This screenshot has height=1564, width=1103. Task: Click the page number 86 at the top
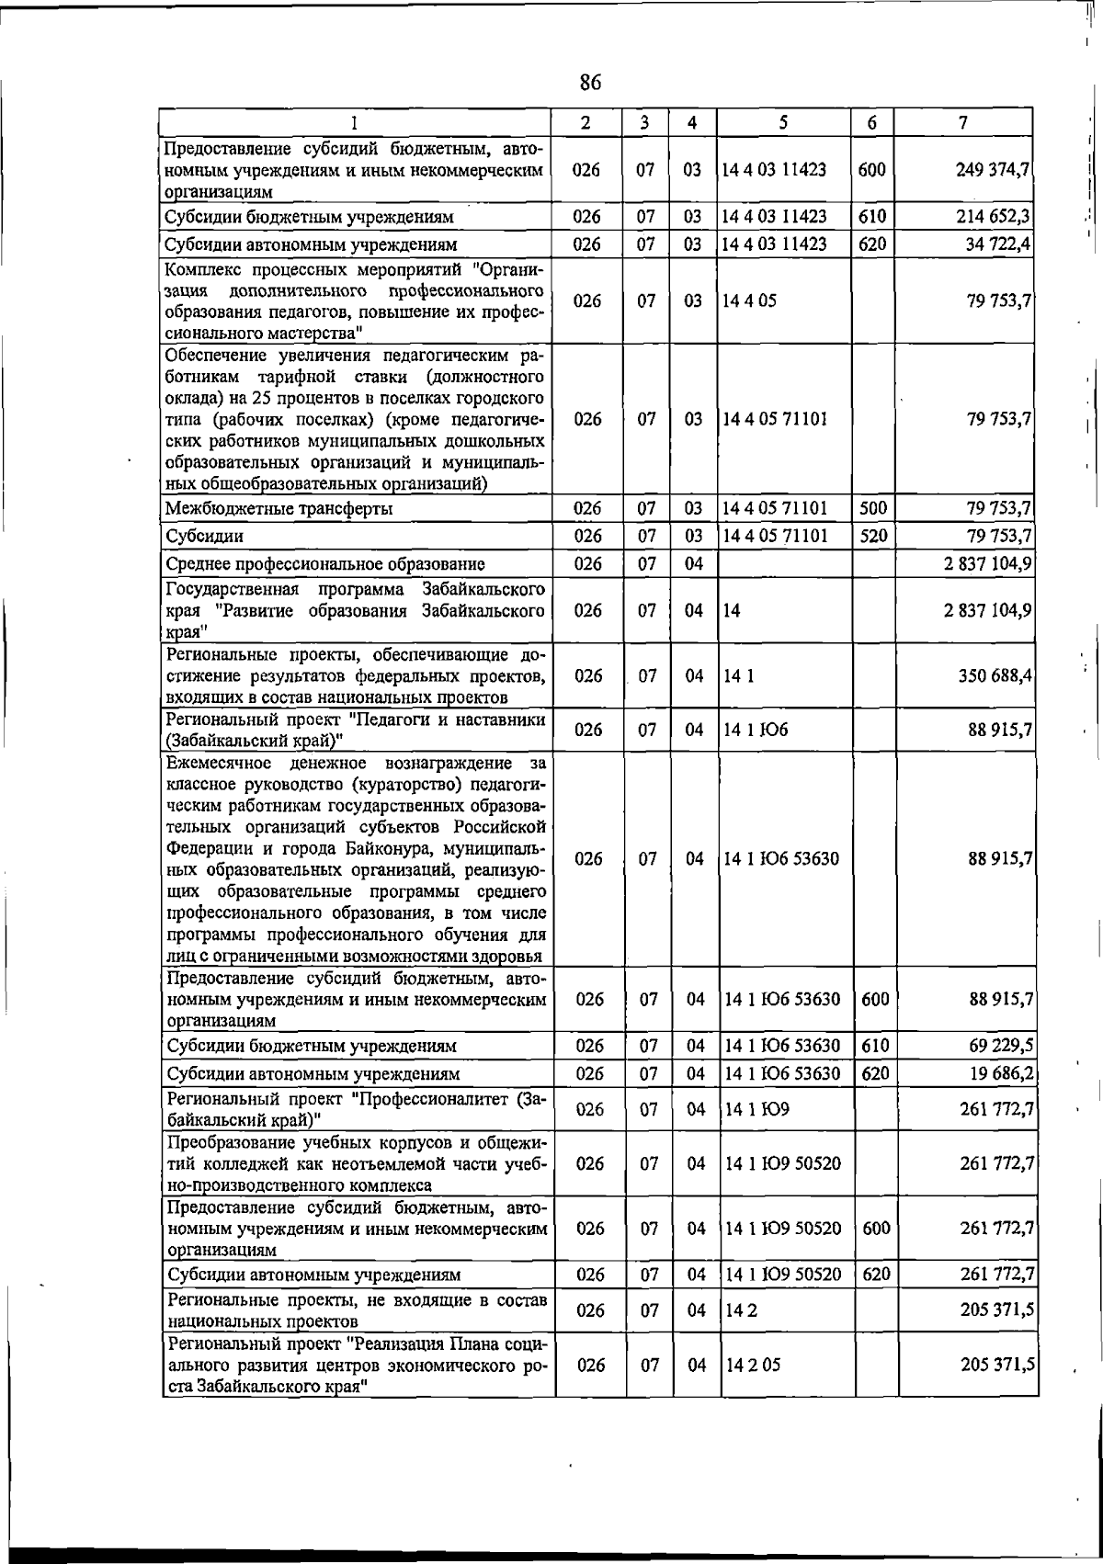590,83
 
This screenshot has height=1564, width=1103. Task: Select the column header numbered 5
783,122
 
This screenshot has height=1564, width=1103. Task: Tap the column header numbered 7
962,122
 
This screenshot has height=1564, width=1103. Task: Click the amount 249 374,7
992,169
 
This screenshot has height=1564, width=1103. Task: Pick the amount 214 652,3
992,217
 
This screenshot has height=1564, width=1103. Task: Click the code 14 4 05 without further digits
750,300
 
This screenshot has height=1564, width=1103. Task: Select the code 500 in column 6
872,507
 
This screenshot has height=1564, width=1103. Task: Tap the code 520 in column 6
872,535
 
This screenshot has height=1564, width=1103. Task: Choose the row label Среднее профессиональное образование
324,563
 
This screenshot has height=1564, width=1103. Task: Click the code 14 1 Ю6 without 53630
756,730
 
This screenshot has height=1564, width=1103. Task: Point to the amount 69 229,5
1000,1045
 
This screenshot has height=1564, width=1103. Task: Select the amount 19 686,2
1000,1072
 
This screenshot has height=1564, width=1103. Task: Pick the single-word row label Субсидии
204,536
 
